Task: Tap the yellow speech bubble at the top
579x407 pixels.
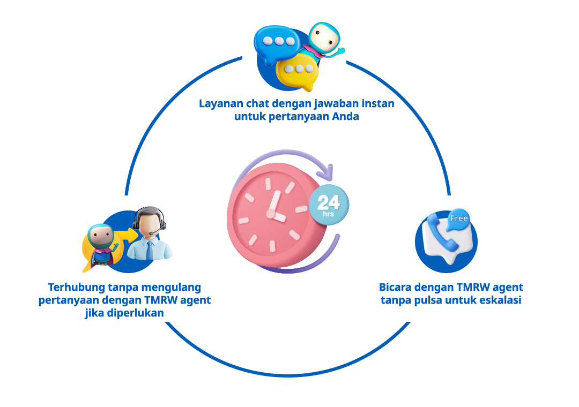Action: [296, 71]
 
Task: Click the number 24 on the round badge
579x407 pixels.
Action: [329, 202]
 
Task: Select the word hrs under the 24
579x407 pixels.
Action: [329, 214]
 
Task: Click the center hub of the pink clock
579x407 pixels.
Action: [271, 214]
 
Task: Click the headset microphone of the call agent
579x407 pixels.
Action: [153, 233]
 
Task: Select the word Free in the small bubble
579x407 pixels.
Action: [459, 218]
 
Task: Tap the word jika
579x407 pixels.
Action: [94, 313]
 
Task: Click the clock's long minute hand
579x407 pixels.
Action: [274, 202]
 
